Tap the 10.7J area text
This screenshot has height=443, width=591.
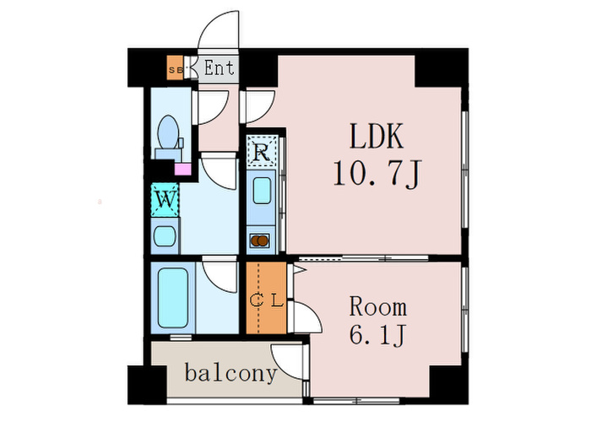[377, 176]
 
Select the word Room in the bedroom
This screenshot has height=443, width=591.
[378, 306]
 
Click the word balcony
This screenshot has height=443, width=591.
[230, 373]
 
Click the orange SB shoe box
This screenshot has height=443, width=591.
[175, 68]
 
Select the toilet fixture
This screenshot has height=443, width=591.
[168, 135]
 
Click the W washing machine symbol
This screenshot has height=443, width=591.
[165, 201]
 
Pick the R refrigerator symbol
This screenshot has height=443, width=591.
[262, 153]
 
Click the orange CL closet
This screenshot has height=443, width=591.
[266, 298]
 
